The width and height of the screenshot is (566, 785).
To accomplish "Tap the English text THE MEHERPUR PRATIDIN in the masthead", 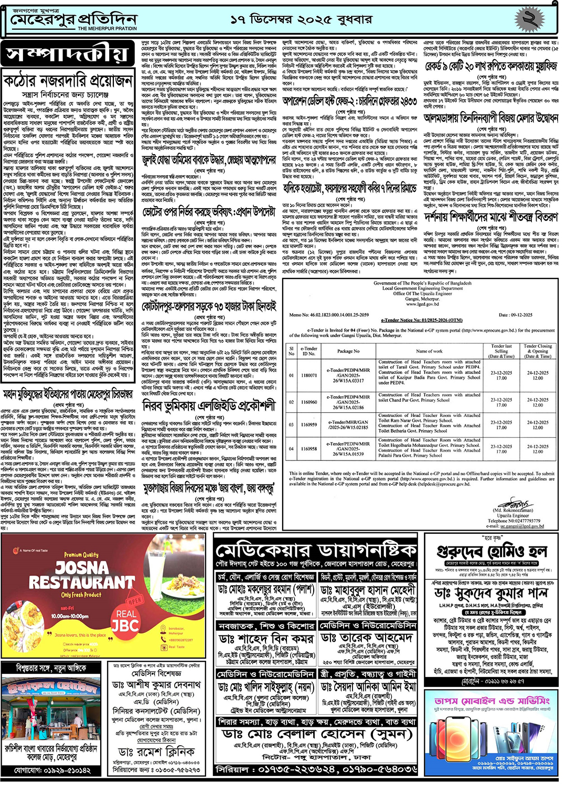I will [107, 29].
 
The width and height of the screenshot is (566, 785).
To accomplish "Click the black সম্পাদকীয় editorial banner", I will [68, 54].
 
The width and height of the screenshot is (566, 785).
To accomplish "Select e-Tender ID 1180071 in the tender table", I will [309, 375].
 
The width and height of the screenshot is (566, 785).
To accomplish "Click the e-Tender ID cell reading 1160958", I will [309, 449].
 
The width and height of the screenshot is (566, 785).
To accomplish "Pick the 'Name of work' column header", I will [429, 351].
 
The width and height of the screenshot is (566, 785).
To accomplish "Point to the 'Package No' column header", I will [348, 351].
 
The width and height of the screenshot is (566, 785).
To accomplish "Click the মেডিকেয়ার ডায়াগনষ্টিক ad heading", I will [316, 551].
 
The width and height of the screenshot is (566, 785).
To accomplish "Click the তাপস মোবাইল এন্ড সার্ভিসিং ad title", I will [492, 701].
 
